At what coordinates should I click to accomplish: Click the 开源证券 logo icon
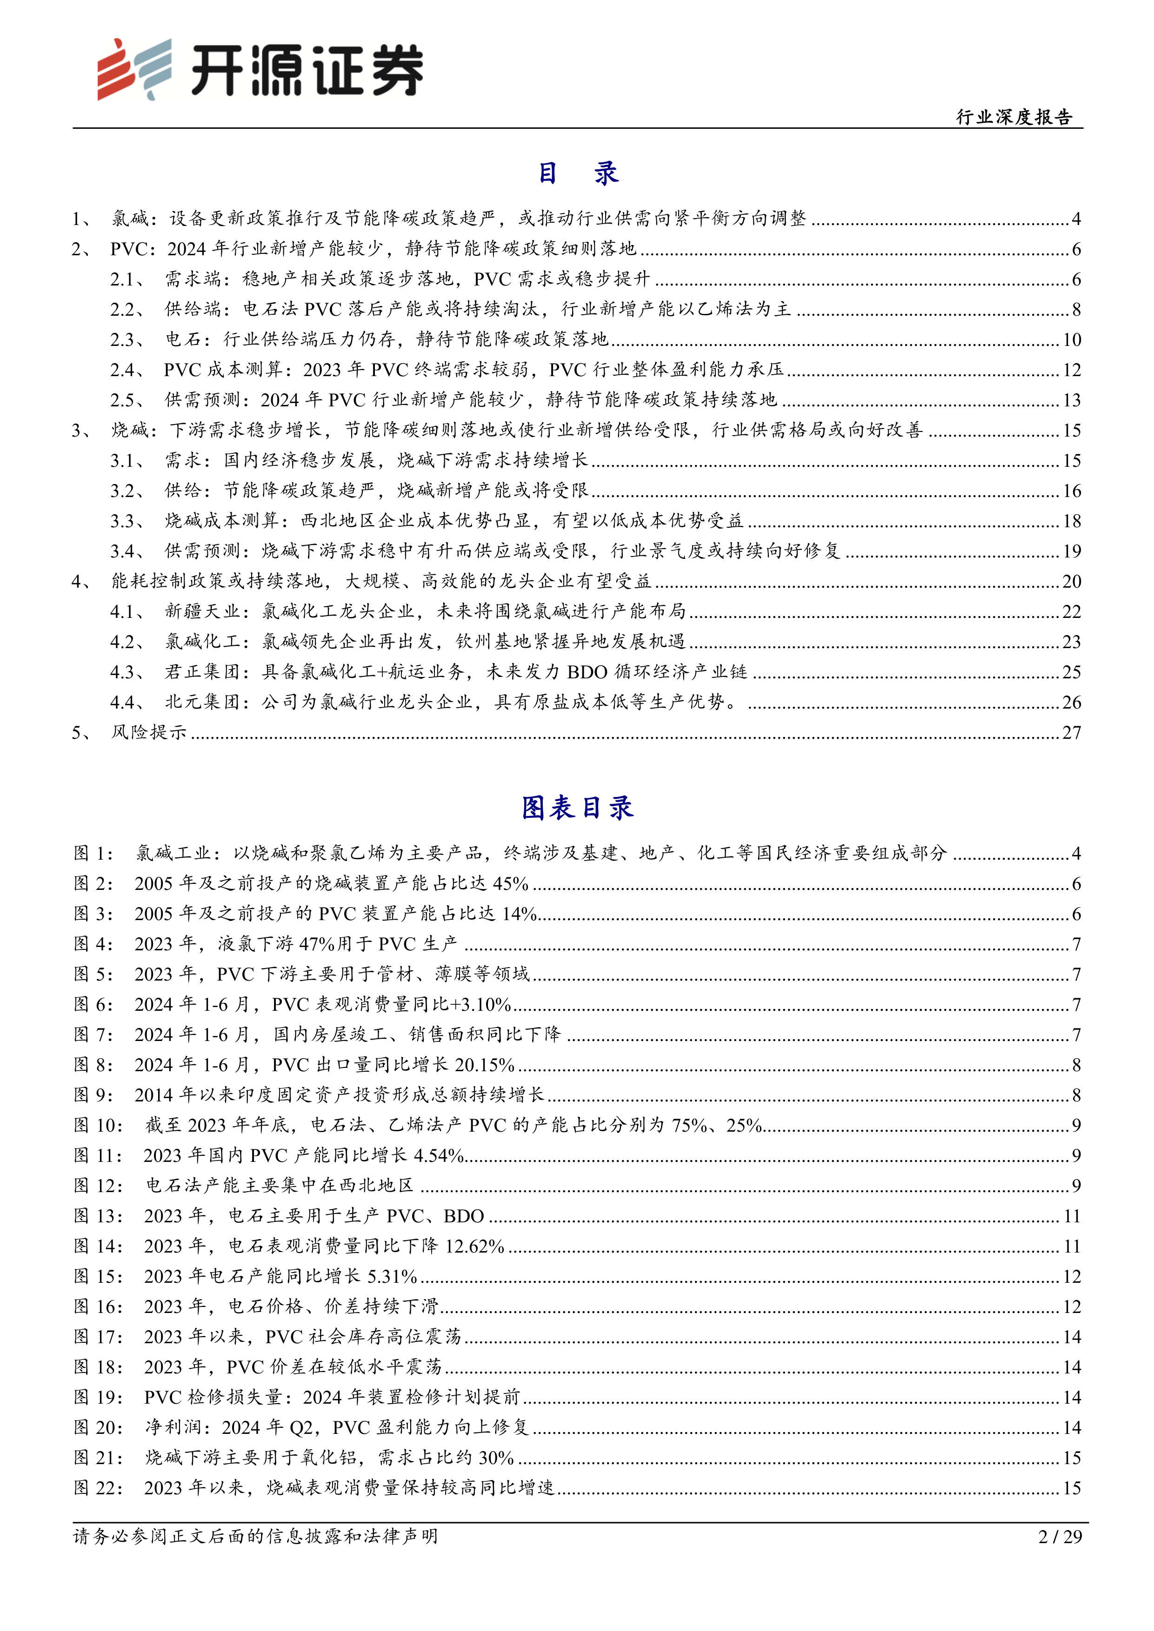pyautogui.click(x=135, y=69)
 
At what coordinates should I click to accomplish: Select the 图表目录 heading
pyautogui.click(x=577, y=808)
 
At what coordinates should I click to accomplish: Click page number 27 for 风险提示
pyautogui.click(x=1072, y=732)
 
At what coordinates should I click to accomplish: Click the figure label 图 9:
pyautogui.click(x=93, y=1094)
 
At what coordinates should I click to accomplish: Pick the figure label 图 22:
pyautogui.click(x=98, y=1487)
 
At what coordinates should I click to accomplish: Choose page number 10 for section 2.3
pyautogui.click(x=1072, y=339)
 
